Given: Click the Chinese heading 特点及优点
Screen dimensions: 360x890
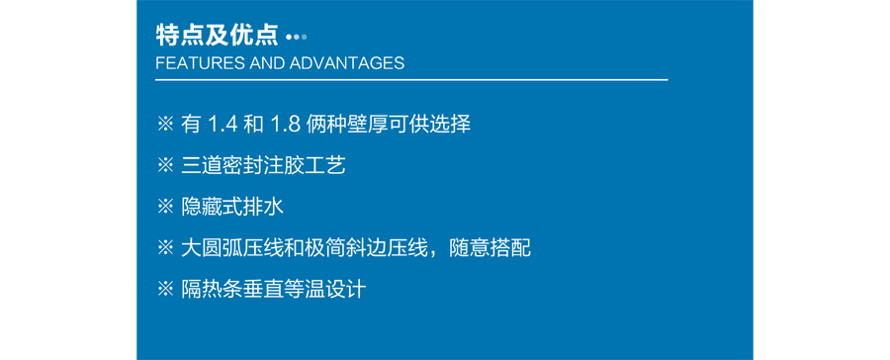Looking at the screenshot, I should click(218, 37).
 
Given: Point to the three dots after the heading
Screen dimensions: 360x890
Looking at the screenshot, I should click(296, 38).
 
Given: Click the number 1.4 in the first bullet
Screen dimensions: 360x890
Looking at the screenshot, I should click(222, 125).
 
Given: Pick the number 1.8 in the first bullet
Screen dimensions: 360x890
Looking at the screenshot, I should click(287, 125).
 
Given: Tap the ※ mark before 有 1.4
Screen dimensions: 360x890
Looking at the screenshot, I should click(165, 125).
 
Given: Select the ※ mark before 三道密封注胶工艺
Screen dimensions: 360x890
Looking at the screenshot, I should click(165, 166).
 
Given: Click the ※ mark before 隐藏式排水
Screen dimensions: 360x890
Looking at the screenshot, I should click(165, 207).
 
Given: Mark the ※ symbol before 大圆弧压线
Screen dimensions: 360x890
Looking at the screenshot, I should click(165, 247).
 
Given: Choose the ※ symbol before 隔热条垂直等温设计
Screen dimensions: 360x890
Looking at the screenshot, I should click(165, 289).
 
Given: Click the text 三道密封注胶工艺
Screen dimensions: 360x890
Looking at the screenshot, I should click(263, 166).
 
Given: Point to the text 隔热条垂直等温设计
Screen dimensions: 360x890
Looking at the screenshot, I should click(273, 289).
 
